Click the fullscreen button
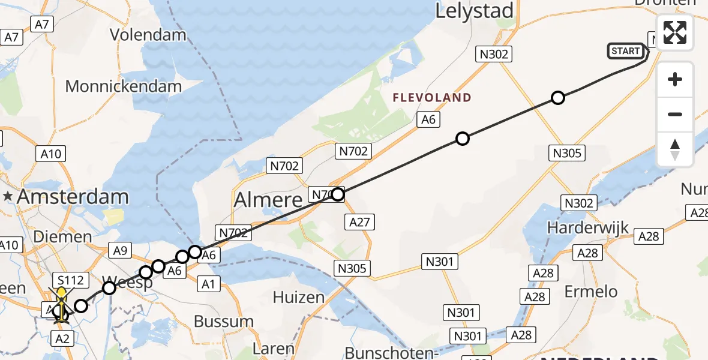[x=675, y=32]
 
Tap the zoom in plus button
[x=675, y=79]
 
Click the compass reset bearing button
[x=675, y=149]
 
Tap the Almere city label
[x=268, y=199]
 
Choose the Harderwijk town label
[x=588, y=228]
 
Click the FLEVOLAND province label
[x=432, y=98]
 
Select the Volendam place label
[x=148, y=35]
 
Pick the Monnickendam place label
[x=123, y=86]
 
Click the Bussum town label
[x=223, y=321]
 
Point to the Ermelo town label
[x=591, y=292]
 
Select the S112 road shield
[x=71, y=280]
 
